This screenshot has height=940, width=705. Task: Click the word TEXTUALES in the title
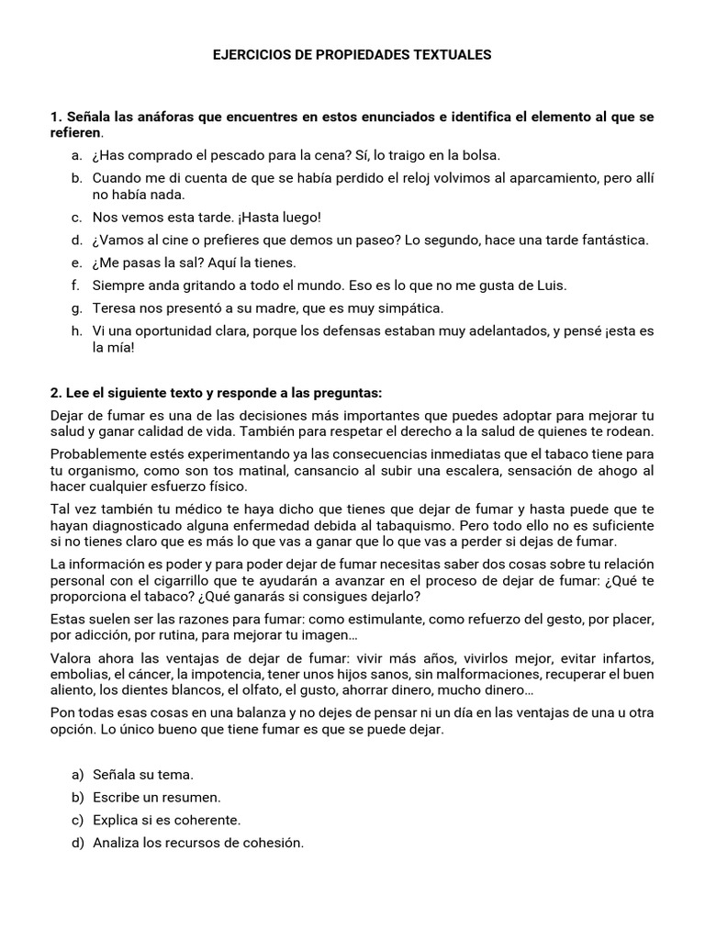point(453,55)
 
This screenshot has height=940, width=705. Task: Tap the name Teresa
point(113,308)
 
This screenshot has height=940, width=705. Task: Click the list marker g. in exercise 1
point(76,308)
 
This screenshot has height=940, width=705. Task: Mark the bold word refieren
point(75,133)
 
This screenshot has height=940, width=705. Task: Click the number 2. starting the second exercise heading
point(55,392)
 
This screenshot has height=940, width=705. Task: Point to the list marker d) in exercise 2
point(77,842)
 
